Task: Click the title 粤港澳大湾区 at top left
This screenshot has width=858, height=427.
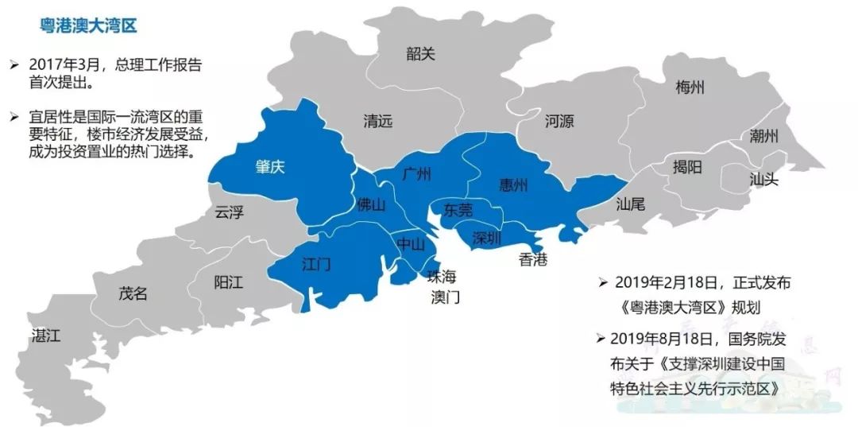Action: pos(88,26)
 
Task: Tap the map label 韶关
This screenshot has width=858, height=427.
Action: pos(420,53)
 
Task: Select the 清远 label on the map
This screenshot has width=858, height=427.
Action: pos(378,122)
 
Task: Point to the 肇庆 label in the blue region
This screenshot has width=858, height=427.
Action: pos(270,167)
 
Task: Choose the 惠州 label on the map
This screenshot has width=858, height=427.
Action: pos(512,185)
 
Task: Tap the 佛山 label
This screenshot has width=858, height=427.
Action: pos(371,205)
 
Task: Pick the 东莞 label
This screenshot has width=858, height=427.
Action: pos(458,210)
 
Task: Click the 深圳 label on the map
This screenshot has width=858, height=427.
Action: pos(487,238)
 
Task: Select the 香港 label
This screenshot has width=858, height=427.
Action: pos(532,258)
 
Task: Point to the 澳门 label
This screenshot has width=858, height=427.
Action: pos(445,297)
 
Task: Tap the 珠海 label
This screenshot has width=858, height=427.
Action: pos(443,278)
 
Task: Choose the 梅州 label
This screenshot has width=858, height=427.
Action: pos(689,87)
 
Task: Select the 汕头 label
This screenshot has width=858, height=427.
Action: pos(763,179)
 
